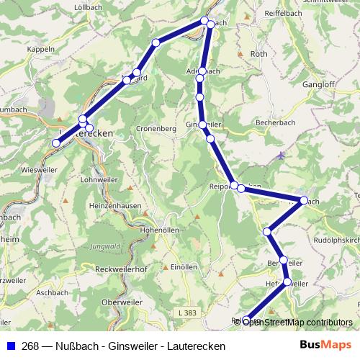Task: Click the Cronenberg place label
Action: [156, 129]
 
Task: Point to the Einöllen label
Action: [184, 266]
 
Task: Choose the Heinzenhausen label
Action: [109, 206]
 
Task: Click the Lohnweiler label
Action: [100, 179]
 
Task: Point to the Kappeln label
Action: [40, 49]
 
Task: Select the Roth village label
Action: [258, 54]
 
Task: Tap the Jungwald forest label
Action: [106, 246]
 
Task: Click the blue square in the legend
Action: [11, 346]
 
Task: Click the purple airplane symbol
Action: [280, 155]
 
